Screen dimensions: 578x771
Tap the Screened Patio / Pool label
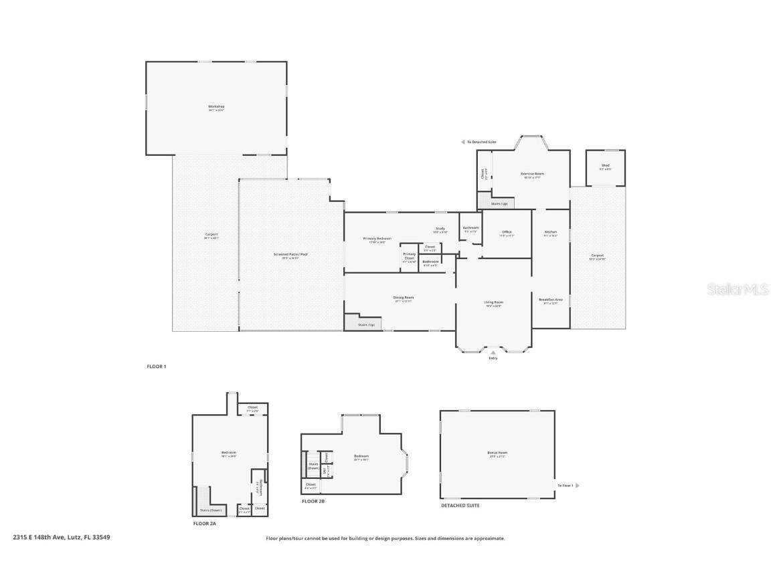pyautogui.click(x=290, y=255)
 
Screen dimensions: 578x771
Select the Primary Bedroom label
pyautogui.click(x=377, y=239)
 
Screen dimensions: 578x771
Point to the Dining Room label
pyautogui.click(x=403, y=298)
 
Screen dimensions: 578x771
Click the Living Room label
pyautogui.click(x=493, y=302)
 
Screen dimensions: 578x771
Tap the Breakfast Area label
pyautogui.click(x=550, y=300)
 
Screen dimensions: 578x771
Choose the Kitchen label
pyautogui.click(x=550, y=232)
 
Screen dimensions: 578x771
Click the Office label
pyautogui.click(x=507, y=232)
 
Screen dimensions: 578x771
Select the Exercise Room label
pyautogui.click(x=532, y=174)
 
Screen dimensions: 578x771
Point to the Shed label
pyautogui.click(x=605, y=166)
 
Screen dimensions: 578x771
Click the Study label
pyautogui.click(x=440, y=229)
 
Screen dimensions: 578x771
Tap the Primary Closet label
pyautogui.click(x=409, y=256)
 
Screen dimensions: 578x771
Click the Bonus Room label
pyautogui.click(x=497, y=454)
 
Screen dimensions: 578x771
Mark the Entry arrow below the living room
pyautogui.click(x=493, y=352)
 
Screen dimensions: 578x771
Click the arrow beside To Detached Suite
pyautogui.click(x=462, y=142)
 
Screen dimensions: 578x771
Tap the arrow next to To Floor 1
pyautogui.click(x=578, y=486)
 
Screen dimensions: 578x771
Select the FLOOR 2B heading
pyautogui.click(x=313, y=501)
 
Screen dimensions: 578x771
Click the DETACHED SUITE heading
pyautogui.click(x=460, y=506)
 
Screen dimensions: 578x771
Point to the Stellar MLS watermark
pyautogui.click(x=738, y=289)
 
